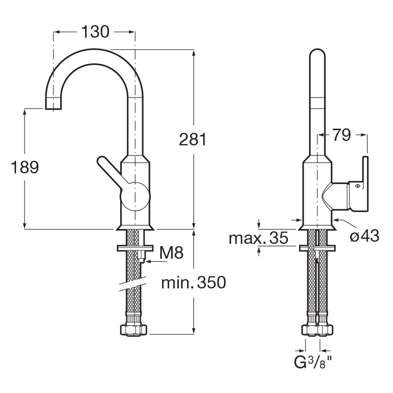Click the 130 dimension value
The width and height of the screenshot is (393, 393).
95,32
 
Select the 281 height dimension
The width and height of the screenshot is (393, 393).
193,140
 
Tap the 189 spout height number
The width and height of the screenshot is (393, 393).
25,167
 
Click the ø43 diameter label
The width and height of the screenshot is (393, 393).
364,235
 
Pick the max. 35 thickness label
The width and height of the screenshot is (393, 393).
258,238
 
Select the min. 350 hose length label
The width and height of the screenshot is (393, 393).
194,282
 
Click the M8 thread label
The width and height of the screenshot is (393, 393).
171,253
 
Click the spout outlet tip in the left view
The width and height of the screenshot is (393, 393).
53,104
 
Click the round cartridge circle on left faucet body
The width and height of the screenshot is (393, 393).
135,196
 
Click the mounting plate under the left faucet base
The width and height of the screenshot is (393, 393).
135,248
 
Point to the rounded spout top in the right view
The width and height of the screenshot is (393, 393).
317,56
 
